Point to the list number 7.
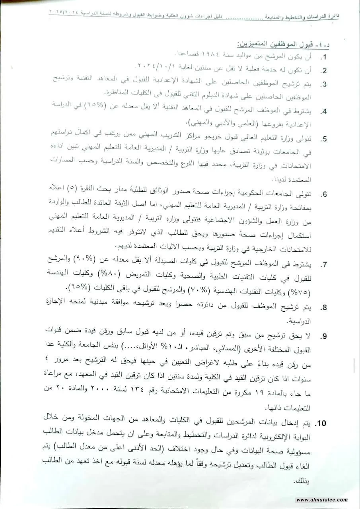[325, 264]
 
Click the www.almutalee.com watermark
[322, 500]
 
